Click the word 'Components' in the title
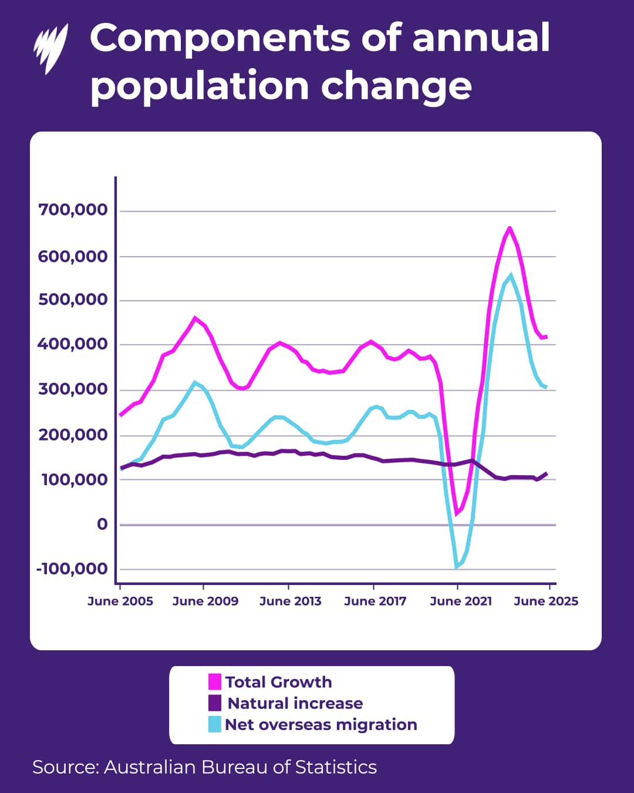coord(220,39)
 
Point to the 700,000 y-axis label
coord(73,210)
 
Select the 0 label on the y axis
coord(102,524)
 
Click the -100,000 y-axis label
coord(72,569)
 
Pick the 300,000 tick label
coord(73,389)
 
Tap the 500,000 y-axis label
coord(73,300)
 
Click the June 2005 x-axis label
coord(120,601)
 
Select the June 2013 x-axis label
coord(290,601)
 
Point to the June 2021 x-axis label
coord(461,601)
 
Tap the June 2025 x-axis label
coord(546,601)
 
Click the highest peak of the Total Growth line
coord(509,228)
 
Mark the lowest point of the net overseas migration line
coord(457,567)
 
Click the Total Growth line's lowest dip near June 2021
coord(456,514)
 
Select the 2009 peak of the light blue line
coord(195,382)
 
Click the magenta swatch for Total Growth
coord(215,681)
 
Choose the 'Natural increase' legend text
coord(295,703)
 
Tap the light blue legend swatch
coord(215,724)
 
